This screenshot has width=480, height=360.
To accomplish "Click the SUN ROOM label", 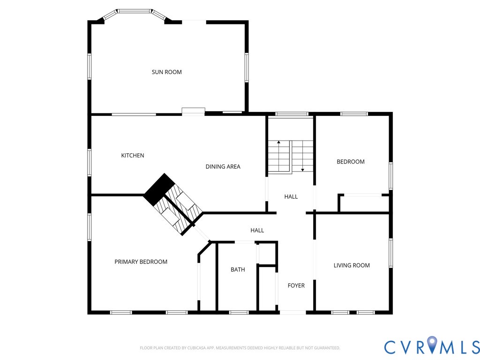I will click(x=166, y=72).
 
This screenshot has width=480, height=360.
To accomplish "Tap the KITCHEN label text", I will click(x=133, y=156).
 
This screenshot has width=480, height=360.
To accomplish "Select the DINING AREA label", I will click(x=223, y=167).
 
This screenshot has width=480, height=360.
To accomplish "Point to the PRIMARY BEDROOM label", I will click(x=141, y=262).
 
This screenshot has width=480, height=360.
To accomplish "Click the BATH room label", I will click(x=238, y=270).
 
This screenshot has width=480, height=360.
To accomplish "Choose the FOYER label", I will click(x=296, y=285).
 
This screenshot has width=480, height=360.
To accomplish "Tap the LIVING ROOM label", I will click(x=352, y=265).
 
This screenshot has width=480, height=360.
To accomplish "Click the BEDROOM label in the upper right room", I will click(x=351, y=162).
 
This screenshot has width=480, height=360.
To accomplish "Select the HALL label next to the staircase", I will click(x=291, y=197).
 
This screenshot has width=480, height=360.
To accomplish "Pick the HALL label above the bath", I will click(x=257, y=231).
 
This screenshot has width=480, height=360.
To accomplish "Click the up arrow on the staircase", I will click(x=279, y=142).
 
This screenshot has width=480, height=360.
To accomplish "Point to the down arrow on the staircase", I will click(x=302, y=169).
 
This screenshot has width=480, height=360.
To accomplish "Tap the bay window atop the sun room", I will click(x=135, y=11).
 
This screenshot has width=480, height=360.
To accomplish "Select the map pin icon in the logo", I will click(x=432, y=345).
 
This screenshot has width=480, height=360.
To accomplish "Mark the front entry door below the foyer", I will click(x=292, y=312).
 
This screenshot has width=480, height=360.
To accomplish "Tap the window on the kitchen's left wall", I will click(x=90, y=162).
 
